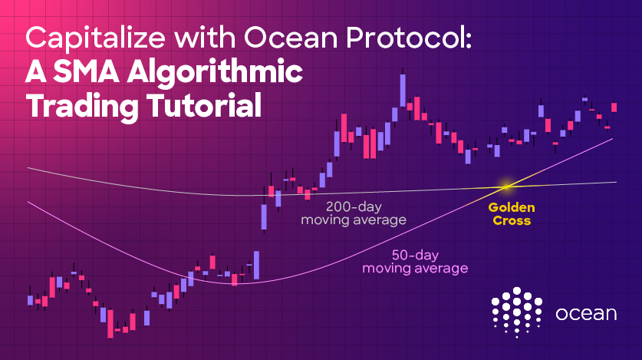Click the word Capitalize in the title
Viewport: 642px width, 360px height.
[95, 38]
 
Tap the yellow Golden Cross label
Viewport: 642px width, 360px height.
[512, 214]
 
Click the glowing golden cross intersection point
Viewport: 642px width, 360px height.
[507, 187]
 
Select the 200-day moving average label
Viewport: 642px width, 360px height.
[354, 213]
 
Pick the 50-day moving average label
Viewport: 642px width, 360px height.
[415, 262]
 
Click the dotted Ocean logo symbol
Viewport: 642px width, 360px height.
[517, 312]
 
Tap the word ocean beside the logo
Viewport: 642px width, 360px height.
[586, 314]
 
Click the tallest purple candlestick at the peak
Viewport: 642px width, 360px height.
[403, 91]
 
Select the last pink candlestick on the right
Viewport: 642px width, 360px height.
[614, 107]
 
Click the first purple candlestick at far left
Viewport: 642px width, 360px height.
[30, 300]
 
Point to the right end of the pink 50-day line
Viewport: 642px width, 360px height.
[613, 139]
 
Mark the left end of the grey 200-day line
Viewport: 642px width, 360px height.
[28, 168]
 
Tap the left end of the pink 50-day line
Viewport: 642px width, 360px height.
[28, 202]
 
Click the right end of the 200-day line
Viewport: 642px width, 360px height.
[616, 182]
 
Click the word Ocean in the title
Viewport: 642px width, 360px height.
[291, 38]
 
